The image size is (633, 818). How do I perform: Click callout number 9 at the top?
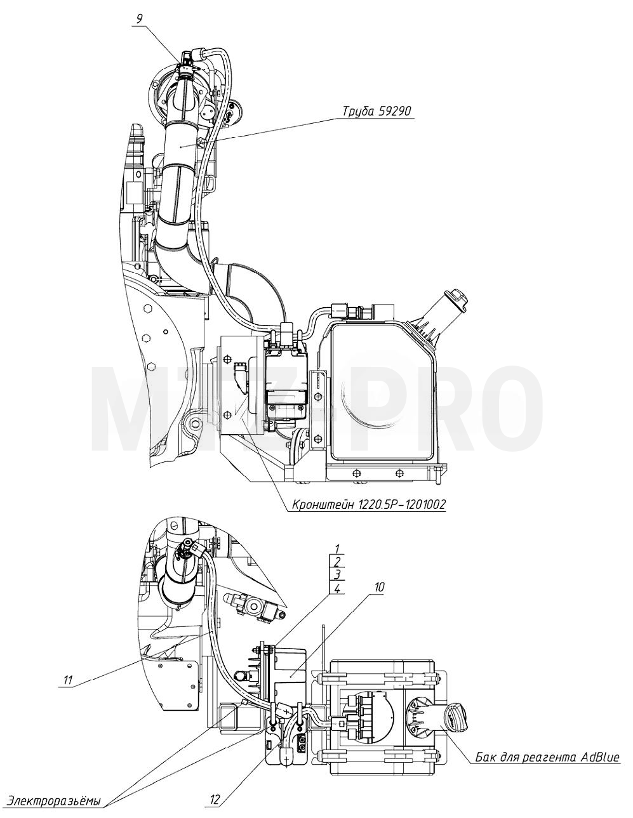coord(139,18)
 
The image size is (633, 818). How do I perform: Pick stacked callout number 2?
coord(337,561)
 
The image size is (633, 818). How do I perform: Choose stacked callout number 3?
coord(337,574)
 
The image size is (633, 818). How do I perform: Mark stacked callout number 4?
coord(337,588)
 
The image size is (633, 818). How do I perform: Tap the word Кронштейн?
coord(322,504)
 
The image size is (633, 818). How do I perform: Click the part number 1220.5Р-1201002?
coord(400,504)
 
